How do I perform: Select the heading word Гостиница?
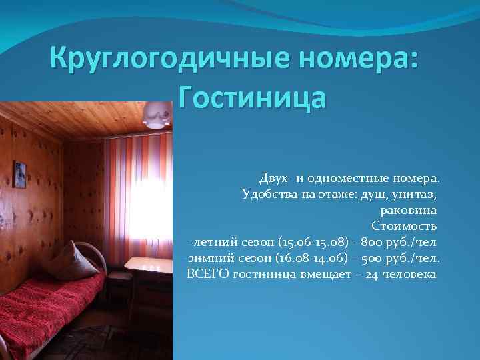pyautogui.click(x=253, y=99)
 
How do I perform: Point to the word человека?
pyautogui.click(x=411, y=274)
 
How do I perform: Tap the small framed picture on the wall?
pyautogui.click(x=20, y=174)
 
